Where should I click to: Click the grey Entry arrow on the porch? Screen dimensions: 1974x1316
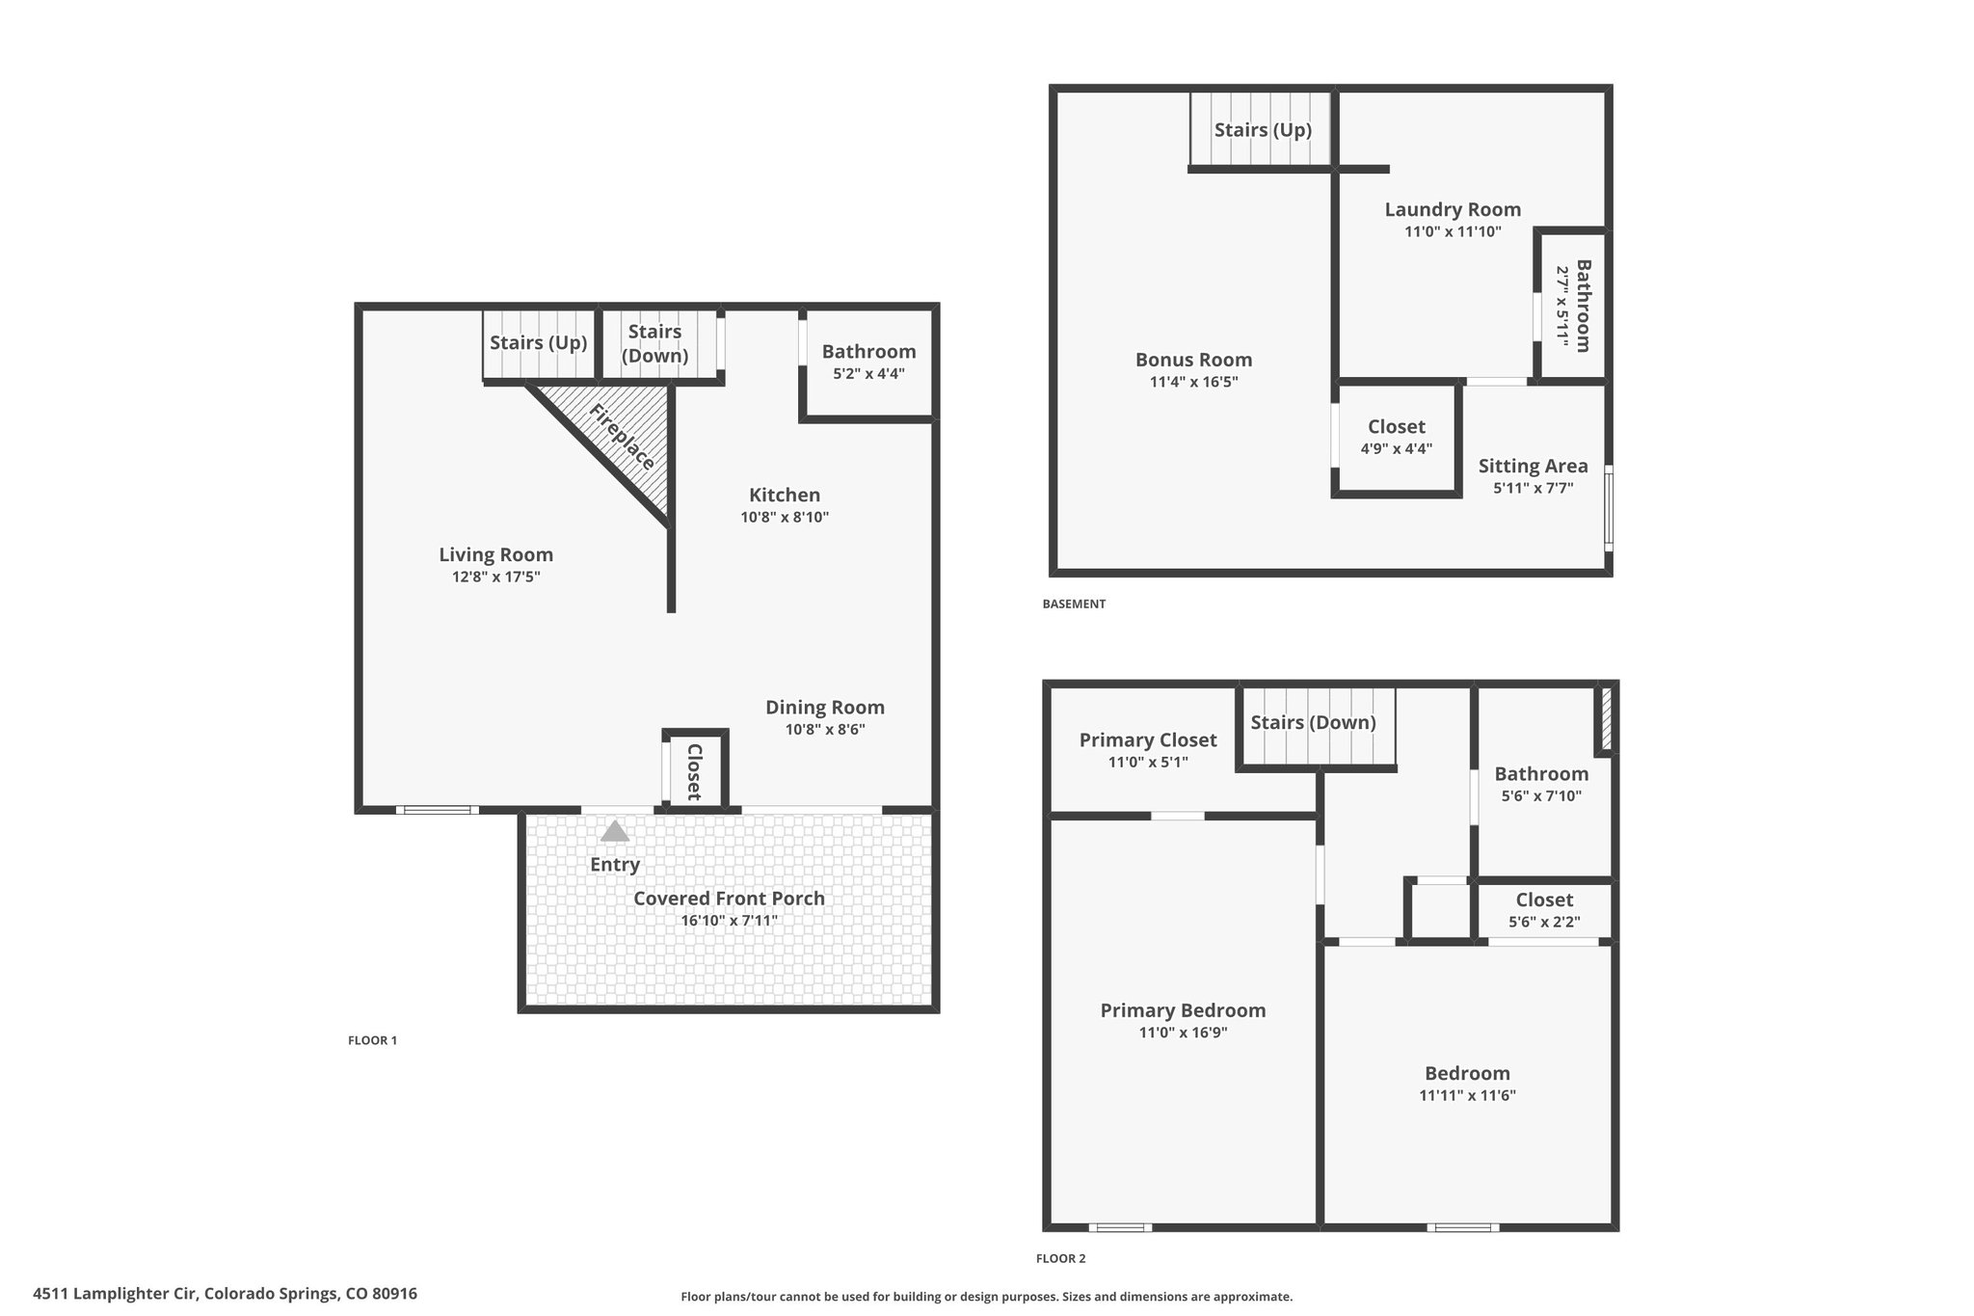[615, 831]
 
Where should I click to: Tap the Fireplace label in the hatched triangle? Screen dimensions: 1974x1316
[623, 437]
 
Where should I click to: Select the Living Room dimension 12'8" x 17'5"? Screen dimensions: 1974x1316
[496, 577]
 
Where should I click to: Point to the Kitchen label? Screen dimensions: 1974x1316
[785, 495]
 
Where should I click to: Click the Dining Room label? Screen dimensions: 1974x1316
[825, 707]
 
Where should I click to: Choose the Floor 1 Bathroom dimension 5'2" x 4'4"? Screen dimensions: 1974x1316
[869, 373]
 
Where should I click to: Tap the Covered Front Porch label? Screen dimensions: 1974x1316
[729, 898]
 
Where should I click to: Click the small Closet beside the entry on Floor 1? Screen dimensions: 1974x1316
[694, 771]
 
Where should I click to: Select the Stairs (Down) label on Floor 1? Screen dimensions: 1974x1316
[655, 343]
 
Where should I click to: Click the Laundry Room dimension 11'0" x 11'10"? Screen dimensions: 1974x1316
[1454, 231]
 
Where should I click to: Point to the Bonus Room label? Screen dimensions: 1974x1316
[1194, 360]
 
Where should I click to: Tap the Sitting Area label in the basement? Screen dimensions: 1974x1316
[1534, 467]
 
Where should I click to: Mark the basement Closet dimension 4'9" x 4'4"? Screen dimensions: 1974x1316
[1397, 448]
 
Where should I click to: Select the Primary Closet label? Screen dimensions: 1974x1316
[1148, 739]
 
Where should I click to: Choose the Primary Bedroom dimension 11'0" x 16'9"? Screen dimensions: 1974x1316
[1183, 1033]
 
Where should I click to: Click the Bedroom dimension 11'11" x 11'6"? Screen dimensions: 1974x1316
[1468, 1095]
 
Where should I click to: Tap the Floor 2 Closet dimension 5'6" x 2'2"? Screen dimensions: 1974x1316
[1544, 922]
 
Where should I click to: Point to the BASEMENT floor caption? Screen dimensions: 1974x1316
[1074, 604]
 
